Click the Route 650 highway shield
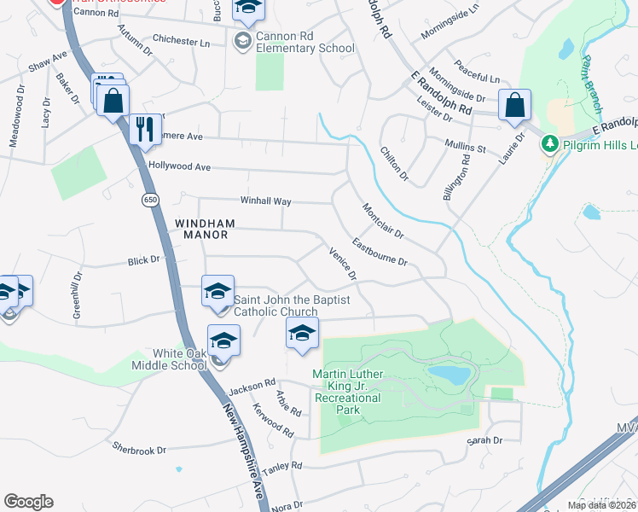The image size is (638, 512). click(151, 200)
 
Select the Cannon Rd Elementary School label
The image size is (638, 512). click(304, 42)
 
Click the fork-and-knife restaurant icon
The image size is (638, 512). click(143, 128)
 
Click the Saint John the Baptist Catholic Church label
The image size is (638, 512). click(275, 305)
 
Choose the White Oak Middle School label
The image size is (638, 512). click(180, 359)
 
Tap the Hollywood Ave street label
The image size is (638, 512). click(179, 166)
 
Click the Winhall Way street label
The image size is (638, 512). click(265, 201)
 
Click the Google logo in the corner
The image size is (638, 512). click(28, 502)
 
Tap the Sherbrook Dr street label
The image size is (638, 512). click(137, 448)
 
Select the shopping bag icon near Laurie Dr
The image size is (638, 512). click(515, 107)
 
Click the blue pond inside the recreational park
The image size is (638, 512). click(449, 375)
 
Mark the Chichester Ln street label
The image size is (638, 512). click(181, 40)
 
